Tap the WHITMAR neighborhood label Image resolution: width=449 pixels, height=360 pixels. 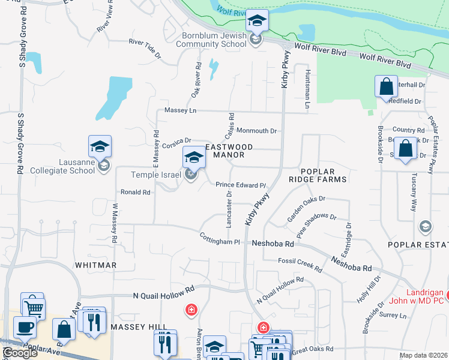pyautogui.click(x=95, y=265)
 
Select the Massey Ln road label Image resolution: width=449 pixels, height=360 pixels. pyautogui.click(x=180, y=111)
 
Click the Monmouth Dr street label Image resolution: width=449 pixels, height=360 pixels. pyautogui.click(x=256, y=131)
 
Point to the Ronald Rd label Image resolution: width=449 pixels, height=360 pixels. pyautogui.click(x=135, y=193)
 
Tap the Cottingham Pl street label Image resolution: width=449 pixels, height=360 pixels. pyautogui.click(x=220, y=239)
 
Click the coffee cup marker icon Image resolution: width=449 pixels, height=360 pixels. pyautogui.click(x=25, y=328)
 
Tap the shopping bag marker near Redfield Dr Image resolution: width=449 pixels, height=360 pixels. pyautogui.click(x=386, y=86)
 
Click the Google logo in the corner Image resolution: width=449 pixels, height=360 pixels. pyautogui.click(x=20, y=353)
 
